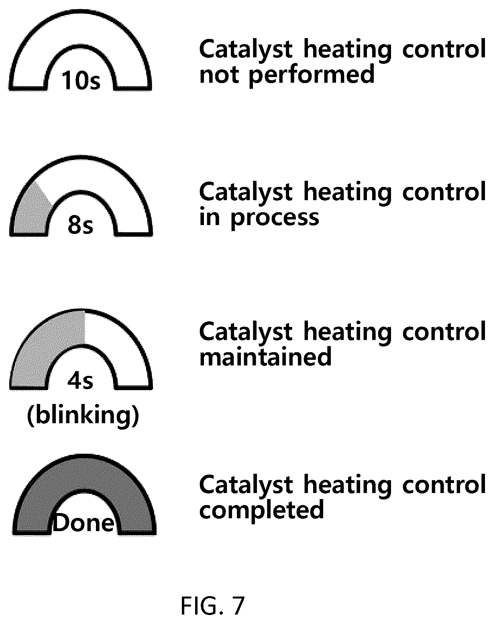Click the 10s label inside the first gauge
tap(81, 81)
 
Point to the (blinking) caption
tap(83, 416)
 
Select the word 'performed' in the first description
tap(312, 75)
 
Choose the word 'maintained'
tap(265, 357)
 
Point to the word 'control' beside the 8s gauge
tap(444, 192)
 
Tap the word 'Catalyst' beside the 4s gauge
tap(246, 332)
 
